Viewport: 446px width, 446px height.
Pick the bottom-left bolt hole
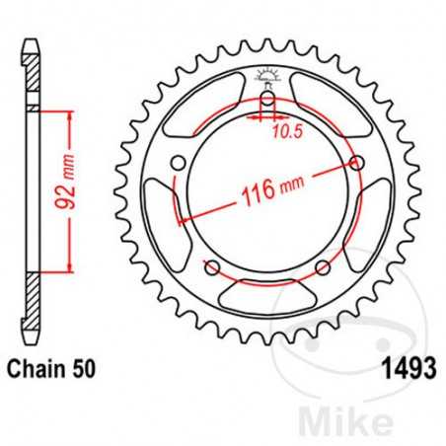211,268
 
